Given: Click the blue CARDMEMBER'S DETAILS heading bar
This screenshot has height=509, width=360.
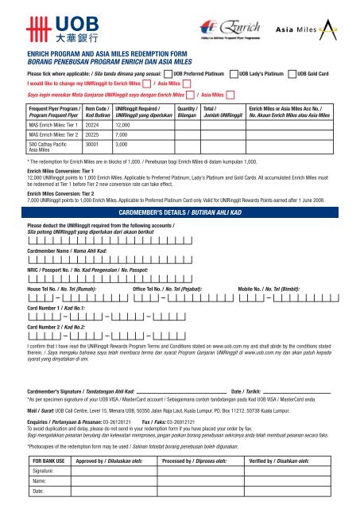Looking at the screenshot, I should coord(180,215).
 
